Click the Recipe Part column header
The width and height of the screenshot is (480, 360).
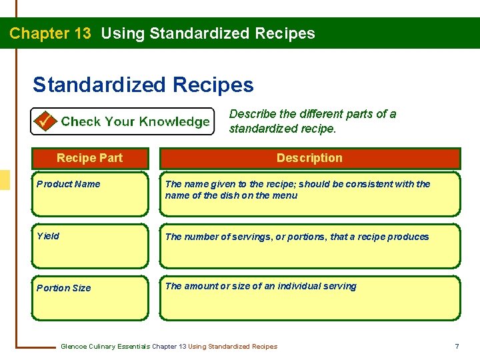(89, 158)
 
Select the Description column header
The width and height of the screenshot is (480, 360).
(309, 158)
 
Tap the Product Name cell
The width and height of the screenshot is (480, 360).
(69, 184)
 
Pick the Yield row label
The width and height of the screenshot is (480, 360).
(48, 236)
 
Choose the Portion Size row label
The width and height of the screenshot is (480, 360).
(63, 288)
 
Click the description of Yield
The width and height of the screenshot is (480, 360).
(297, 237)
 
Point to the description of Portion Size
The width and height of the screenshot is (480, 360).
(261, 286)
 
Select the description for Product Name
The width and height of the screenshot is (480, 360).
(297, 189)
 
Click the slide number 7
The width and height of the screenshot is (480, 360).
(457, 346)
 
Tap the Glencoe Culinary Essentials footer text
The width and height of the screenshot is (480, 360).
(169, 346)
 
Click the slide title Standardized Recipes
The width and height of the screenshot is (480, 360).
(143, 85)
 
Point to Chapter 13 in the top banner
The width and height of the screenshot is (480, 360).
(50, 33)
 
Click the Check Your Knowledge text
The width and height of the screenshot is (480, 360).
(135, 121)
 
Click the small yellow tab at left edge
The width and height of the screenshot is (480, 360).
(5, 180)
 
